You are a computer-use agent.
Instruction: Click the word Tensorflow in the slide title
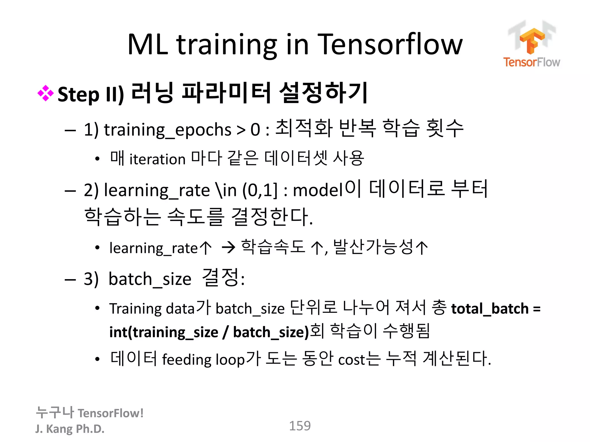click(390, 45)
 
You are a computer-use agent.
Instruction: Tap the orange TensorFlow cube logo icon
click(532, 40)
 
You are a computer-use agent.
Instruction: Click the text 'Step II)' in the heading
click(91, 94)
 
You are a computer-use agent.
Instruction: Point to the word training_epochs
click(167, 130)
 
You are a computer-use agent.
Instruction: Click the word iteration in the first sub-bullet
click(157, 159)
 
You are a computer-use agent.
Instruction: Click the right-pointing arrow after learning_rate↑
click(229, 247)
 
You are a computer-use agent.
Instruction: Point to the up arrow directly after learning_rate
click(205, 247)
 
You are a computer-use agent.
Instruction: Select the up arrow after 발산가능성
click(422, 247)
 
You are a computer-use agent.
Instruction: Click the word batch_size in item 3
click(150, 279)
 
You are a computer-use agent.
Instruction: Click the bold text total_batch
click(490, 309)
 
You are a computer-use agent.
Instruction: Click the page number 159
click(300, 426)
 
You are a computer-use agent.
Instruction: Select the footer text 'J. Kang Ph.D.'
click(70, 429)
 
